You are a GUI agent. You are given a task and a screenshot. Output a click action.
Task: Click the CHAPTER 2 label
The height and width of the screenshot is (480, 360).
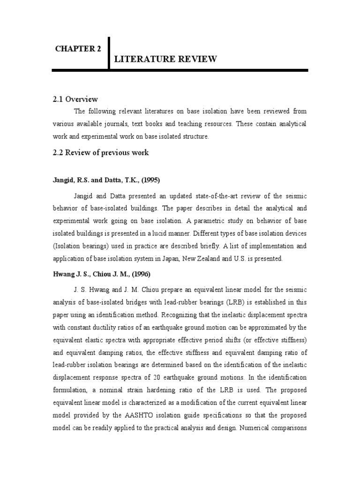tap(78, 49)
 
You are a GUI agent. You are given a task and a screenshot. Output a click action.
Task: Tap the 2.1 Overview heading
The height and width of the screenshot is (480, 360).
tap(75, 99)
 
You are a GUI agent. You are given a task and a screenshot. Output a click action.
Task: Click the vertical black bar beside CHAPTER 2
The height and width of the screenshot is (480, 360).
tap(109, 52)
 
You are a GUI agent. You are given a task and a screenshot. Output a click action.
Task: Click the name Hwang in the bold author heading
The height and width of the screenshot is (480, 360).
tap(62, 274)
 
